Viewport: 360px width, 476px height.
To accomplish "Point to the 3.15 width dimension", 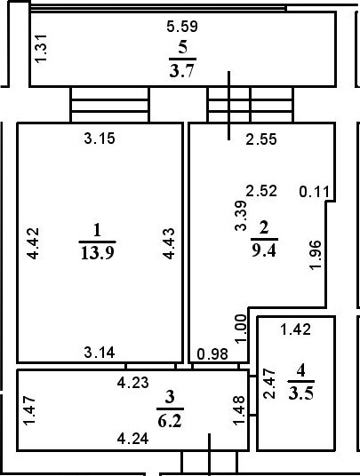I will point(100,138).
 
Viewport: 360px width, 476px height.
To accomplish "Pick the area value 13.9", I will point(97,251).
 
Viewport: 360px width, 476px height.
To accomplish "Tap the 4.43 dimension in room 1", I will point(168,244).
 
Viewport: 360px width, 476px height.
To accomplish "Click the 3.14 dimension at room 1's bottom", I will point(100,352).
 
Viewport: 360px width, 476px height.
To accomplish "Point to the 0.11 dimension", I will point(314,190).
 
